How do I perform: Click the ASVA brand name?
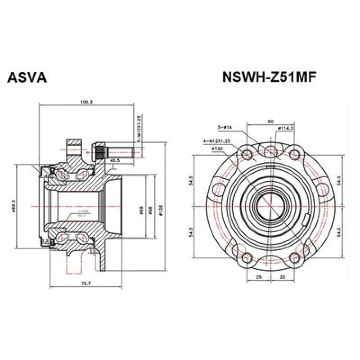tap(27, 77)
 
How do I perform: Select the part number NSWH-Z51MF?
tap(270, 77)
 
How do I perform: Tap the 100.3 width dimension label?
tap(86, 102)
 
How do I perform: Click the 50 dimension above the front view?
tap(270, 121)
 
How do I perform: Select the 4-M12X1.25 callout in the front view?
tap(216, 141)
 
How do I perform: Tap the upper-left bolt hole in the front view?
tap(247, 155)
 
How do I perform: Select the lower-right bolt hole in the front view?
tap(294, 257)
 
